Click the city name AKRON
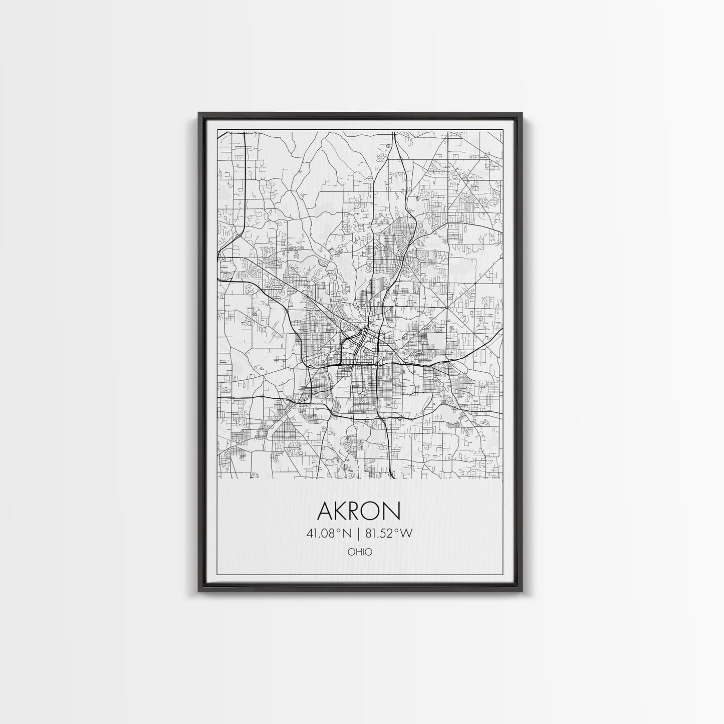click(359, 511)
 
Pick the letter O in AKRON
click(375, 511)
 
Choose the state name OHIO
click(359, 552)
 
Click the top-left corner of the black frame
click(199, 113)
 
